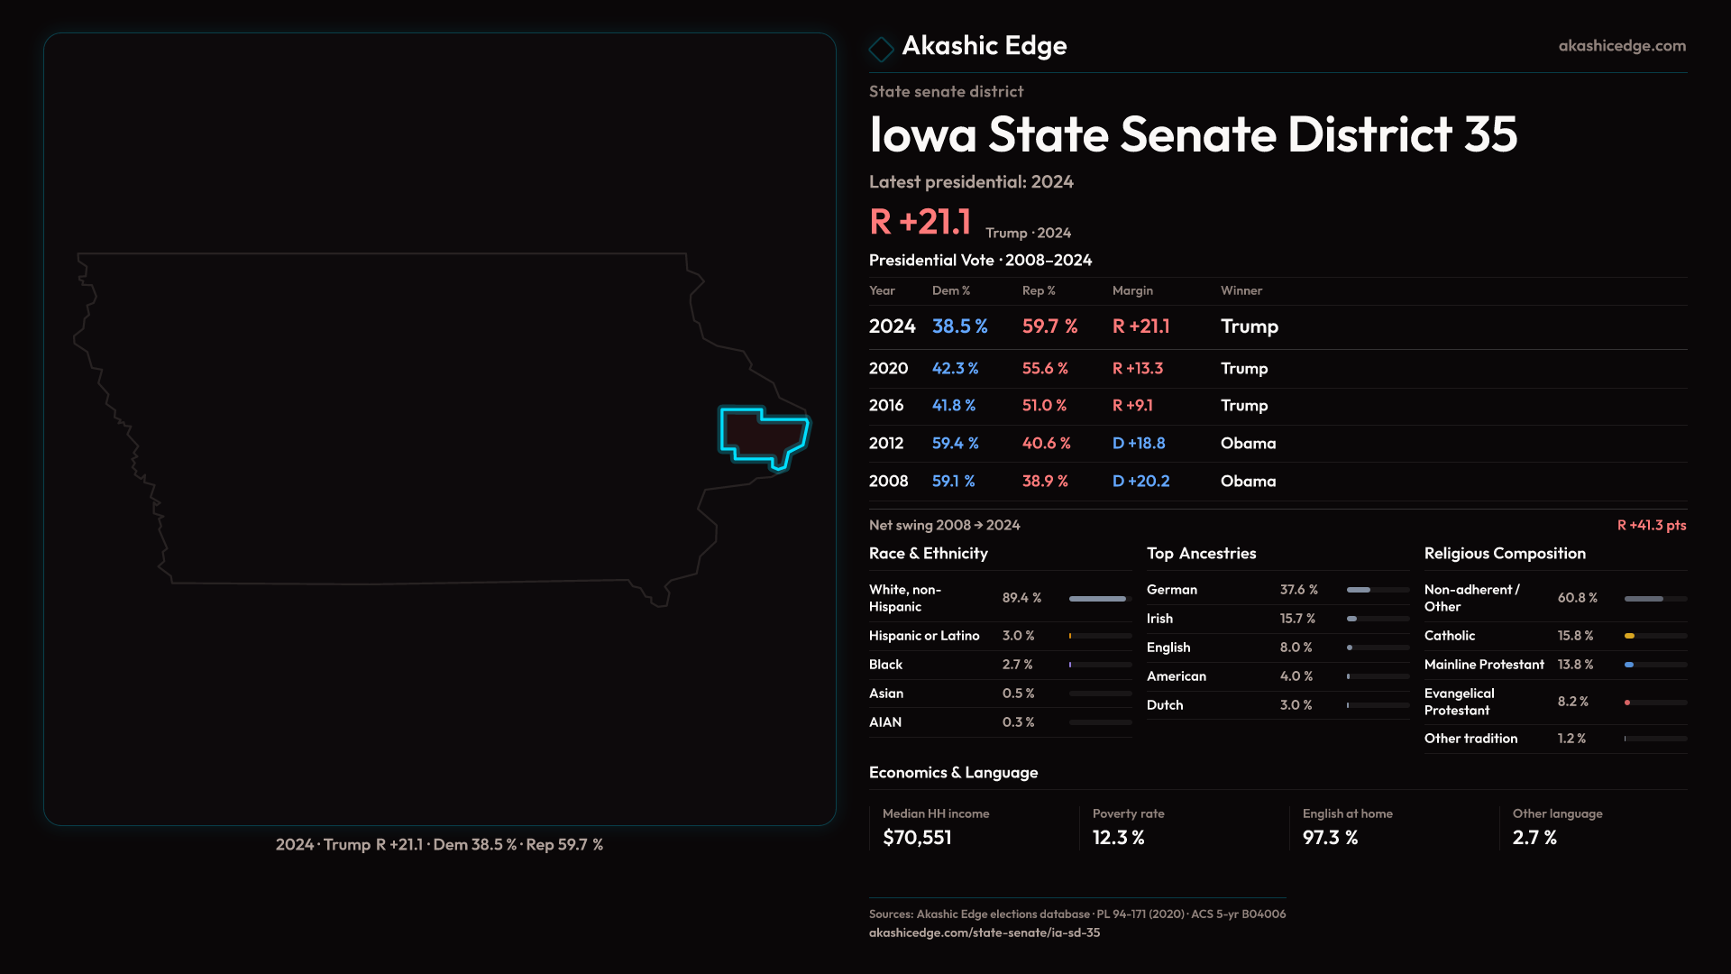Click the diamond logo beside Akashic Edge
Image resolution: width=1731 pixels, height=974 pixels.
click(881, 49)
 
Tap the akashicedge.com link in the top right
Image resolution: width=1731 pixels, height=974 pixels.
click(1622, 46)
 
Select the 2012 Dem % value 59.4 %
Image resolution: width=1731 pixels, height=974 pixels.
click(955, 444)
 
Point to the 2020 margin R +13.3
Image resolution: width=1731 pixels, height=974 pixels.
click(1138, 369)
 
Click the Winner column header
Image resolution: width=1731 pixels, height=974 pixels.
click(1241, 291)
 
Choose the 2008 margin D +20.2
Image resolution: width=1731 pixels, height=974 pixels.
click(1140, 482)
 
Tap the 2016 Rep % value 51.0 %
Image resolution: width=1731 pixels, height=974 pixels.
click(1044, 406)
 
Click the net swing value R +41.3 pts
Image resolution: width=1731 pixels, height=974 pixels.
click(1651, 526)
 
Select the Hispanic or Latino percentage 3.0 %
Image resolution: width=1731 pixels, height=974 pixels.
click(1018, 636)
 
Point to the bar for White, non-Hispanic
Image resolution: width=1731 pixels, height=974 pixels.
click(1097, 599)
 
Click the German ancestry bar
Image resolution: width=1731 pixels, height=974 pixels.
click(1359, 590)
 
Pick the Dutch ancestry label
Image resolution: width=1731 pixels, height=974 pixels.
click(1165, 705)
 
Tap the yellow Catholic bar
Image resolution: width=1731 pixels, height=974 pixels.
click(1630, 636)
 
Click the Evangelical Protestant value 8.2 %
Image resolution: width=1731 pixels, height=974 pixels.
click(1572, 702)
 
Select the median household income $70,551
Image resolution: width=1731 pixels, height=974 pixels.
click(917, 838)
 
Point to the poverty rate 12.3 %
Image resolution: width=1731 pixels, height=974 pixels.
click(1118, 838)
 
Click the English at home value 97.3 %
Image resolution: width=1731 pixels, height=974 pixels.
click(1330, 838)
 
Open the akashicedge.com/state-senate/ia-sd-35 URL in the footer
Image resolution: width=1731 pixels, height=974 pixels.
click(985, 933)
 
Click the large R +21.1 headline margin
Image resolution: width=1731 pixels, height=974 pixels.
click(920, 222)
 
